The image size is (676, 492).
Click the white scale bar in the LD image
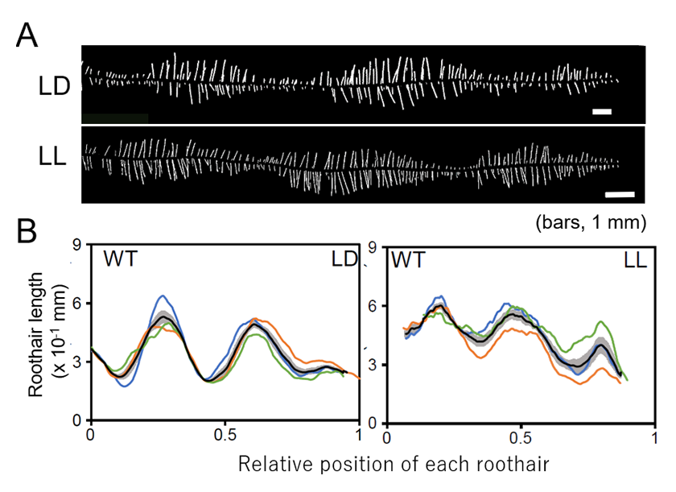pyautogui.click(x=602, y=111)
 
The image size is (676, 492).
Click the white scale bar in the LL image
pyautogui.click(x=619, y=194)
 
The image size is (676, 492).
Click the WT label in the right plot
pyautogui.click(x=409, y=260)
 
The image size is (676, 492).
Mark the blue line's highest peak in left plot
pyautogui.click(x=163, y=296)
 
